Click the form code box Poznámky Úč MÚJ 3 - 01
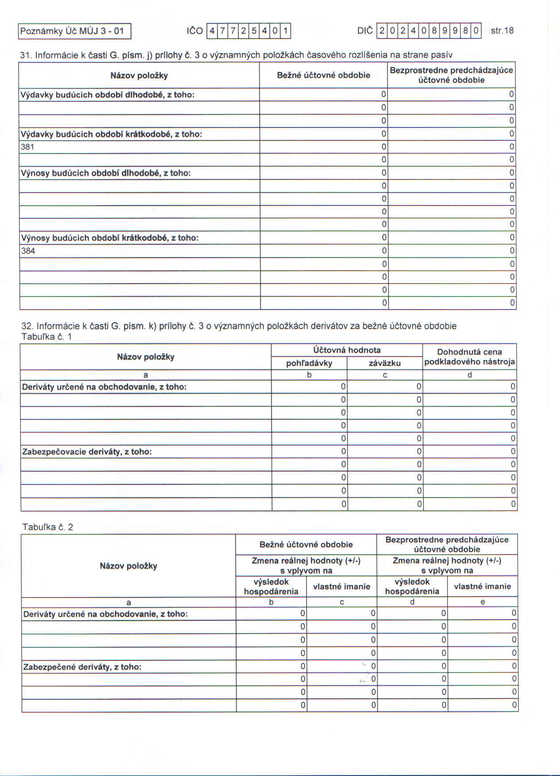tap(74, 31)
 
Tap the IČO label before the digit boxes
tap(194, 31)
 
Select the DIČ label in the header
tap(365, 31)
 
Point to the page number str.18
tap(502, 31)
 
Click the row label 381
tap(27, 147)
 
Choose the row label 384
tap(28, 251)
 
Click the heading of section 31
tap(236, 55)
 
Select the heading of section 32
tap(238, 326)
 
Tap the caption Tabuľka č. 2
tap(48, 527)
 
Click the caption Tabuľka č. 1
tap(47, 337)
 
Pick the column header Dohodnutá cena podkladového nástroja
tap(469, 357)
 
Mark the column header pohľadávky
tap(309, 364)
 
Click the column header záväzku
tap(385, 364)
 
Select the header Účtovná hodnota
tap(346, 350)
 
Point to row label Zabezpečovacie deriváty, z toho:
tap(87, 452)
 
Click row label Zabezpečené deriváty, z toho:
tap(82, 667)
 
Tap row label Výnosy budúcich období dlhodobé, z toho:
tap(106, 173)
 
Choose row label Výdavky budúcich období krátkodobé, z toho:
tap(111, 134)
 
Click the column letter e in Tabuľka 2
tap(482, 602)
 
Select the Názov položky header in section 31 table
tap(139, 76)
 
